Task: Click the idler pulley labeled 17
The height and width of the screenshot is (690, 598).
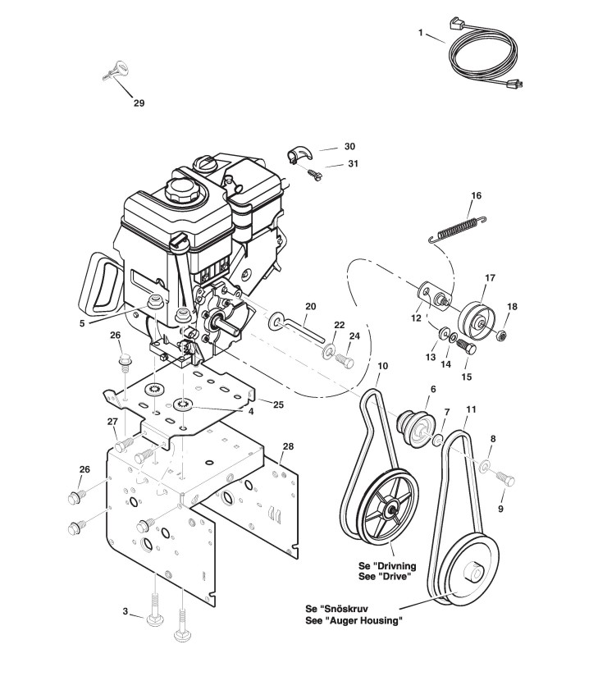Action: pos(475,315)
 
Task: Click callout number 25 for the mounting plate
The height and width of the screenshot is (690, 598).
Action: pos(277,404)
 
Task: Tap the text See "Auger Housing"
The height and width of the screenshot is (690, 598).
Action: pos(353,621)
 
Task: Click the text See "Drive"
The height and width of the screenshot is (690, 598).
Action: pos(386,576)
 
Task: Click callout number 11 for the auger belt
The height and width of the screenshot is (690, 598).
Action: pos(469,408)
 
